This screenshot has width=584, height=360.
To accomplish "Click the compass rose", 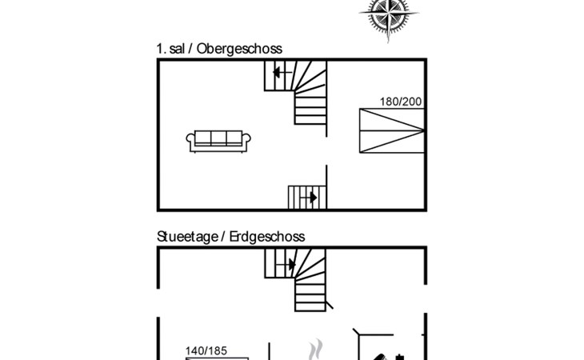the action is point(389,15).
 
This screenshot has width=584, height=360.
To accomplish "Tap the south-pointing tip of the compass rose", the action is point(389,43).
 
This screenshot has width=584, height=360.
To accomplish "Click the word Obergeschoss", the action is point(239,49).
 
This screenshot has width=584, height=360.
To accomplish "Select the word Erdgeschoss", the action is point(267,237).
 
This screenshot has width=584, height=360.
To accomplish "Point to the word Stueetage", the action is point(187,237).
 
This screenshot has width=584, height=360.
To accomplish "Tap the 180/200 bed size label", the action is point(401,102).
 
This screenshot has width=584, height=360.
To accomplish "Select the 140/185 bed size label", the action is point(206,351).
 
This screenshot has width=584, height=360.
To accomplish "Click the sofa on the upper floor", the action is point(218,141).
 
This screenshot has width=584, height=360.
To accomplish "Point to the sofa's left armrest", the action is point(190,140).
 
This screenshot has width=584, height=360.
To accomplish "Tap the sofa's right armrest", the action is point(246,140).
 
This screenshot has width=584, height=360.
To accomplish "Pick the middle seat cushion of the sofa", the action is point(218,138).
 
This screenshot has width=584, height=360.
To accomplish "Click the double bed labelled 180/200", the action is point(392,130).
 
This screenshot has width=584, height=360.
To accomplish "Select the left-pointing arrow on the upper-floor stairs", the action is point(282,72).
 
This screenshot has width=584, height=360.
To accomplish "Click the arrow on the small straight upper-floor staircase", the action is point(309,198).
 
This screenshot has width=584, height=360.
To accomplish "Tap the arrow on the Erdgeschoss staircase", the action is point(286,265).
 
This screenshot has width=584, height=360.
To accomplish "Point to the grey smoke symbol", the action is point(315,350).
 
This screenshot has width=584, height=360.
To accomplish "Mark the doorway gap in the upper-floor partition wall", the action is point(326,151).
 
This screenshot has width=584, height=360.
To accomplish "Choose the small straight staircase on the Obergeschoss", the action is point(307,198).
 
